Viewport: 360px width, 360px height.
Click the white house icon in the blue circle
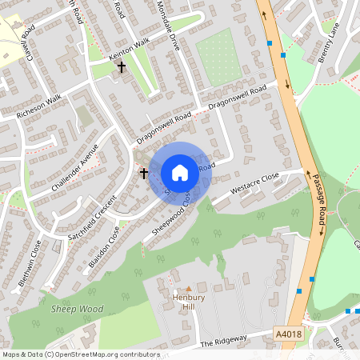pyautogui.click(x=180, y=172)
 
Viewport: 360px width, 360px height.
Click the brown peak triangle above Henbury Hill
pyautogui.click(x=189, y=288)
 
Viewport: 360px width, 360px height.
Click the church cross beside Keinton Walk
pyautogui.click(x=122, y=67)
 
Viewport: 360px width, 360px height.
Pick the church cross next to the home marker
pyautogui.click(x=145, y=172)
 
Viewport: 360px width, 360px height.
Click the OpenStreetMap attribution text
pyautogui.click(x=80, y=354)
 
